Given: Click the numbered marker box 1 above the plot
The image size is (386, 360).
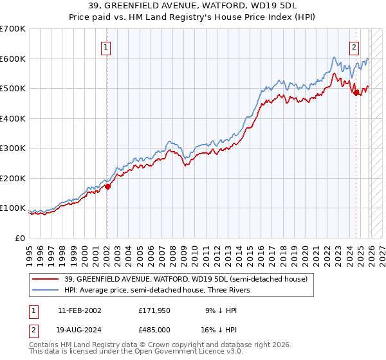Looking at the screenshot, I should point(106,46).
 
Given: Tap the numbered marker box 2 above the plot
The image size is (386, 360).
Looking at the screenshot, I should point(354,46).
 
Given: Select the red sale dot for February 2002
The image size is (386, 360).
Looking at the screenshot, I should point(107,187).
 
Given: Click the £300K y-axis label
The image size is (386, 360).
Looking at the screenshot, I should point(13,148).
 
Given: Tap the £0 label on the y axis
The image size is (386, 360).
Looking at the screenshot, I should point(19,238).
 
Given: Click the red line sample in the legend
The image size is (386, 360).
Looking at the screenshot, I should point(46,279).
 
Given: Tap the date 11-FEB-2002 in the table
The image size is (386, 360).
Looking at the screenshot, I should point(79,310).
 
